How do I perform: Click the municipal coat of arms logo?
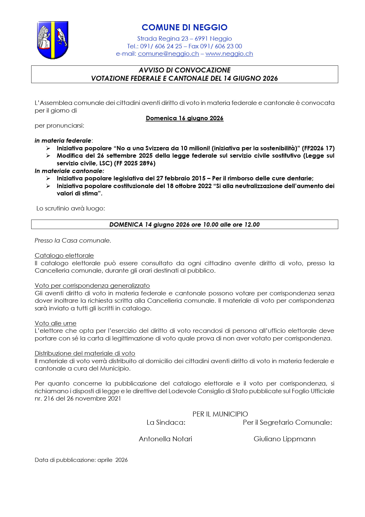tap(53, 40)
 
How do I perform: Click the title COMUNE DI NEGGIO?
tap(185, 27)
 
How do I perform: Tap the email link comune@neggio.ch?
tap(168, 54)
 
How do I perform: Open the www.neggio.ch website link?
tap(229, 54)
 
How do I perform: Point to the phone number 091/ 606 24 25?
tap(161, 46)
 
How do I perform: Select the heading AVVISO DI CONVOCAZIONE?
tap(185, 70)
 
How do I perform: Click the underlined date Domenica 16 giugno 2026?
tap(185, 118)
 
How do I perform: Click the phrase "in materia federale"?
tap(63, 141)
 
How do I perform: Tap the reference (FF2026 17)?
tap(318, 148)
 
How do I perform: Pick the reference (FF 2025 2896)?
tap(135, 163)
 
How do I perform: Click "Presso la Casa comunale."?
tap(73, 241)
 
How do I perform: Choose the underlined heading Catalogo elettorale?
tap(64, 256)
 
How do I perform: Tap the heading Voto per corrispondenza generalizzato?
tap(92, 286)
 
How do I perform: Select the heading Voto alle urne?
tap(55, 323)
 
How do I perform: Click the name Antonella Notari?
tap(165, 439)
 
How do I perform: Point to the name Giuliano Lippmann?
tap(284, 439)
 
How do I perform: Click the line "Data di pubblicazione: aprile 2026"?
tap(81, 460)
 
